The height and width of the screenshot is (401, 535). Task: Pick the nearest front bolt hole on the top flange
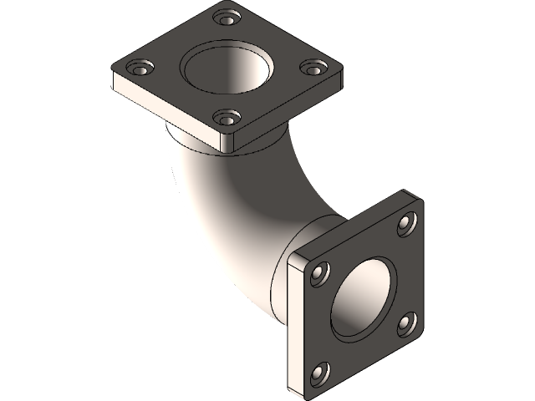pyautogui.click(x=226, y=118)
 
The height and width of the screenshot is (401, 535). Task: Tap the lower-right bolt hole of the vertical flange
pyautogui.click(x=407, y=321)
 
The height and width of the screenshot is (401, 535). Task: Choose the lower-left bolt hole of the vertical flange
pyautogui.click(x=319, y=372)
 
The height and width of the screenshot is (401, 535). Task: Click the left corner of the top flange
pyautogui.click(x=113, y=74)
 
